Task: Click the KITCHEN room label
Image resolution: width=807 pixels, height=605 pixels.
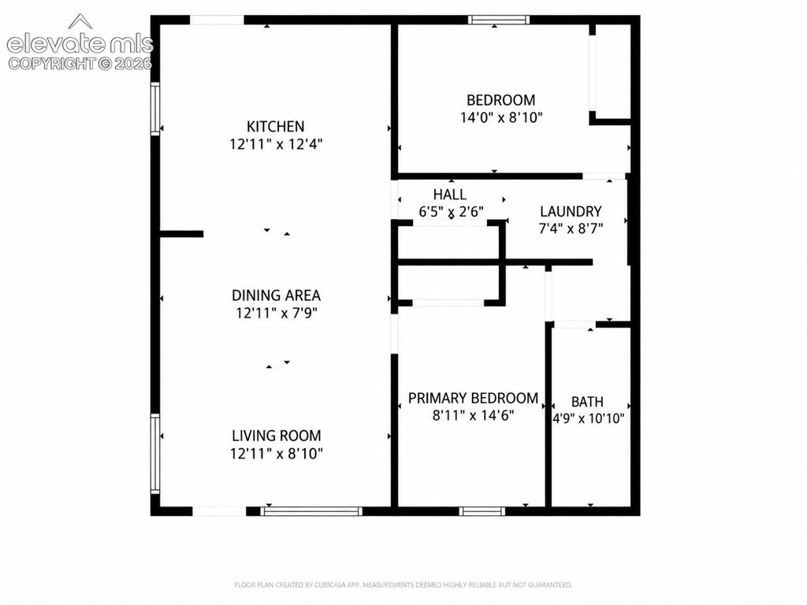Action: coord(275,127)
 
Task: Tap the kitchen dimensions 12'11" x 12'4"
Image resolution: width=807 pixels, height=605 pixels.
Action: coord(276,144)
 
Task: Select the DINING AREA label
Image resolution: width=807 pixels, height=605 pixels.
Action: coord(276,295)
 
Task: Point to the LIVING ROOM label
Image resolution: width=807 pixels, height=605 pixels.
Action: coord(277,436)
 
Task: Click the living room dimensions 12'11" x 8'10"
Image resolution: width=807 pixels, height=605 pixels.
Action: coord(277,454)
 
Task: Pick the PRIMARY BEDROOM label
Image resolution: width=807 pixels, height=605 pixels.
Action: coord(473,398)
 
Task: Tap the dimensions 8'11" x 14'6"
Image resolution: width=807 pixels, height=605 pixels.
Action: coord(474,415)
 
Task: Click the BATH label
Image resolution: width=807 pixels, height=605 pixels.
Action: coord(587,402)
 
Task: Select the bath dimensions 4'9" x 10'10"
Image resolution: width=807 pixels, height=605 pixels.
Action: coord(588,419)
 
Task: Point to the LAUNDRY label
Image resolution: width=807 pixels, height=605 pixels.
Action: coord(571,211)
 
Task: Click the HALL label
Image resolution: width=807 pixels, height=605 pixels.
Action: coord(450,195)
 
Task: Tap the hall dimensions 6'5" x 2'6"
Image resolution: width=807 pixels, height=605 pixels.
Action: coord(451,212)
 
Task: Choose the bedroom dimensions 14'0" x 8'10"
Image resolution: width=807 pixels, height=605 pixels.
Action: coord(501,118)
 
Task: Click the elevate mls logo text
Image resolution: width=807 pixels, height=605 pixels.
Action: coord(80,44)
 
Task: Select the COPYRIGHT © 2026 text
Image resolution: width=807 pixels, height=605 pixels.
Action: coord(80,64)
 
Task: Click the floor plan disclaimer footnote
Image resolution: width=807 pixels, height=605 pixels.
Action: coord(403,585)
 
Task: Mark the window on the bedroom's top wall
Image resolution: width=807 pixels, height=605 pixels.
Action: coord(498,20)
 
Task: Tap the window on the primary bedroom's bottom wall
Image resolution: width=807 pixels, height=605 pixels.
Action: coord(482,511)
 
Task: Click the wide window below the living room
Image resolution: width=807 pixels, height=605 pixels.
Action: coord(311,511)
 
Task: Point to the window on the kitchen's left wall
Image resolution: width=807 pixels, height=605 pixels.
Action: coord(155,109)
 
